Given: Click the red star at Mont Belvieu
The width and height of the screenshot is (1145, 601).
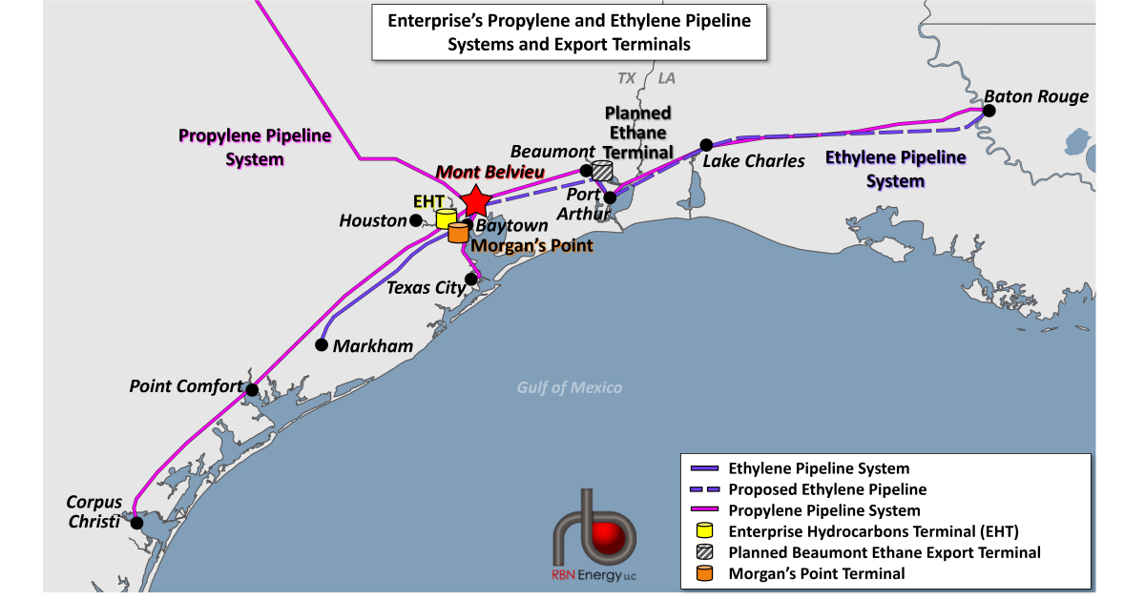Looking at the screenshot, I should click(x=475, y=201).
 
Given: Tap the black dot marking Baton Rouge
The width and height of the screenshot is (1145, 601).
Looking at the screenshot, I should click(x=989, y=111).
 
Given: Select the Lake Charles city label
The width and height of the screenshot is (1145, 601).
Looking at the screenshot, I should click(x=754, y=161).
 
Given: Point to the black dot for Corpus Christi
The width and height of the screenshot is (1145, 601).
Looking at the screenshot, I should click(x=137, y=522).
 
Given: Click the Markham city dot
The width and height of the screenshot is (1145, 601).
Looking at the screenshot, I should click(x=323, y=345).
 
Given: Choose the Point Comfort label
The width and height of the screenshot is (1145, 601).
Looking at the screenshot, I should click(x=186, y=386).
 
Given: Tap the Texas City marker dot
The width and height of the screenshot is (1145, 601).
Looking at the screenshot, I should click(x=470, y=280).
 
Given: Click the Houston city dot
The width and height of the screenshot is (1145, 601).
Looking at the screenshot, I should click(x=416, y=220).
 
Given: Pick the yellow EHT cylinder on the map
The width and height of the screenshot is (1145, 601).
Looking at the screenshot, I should click(x=446, y=218).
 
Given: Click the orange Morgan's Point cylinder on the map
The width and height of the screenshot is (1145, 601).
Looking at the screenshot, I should click(x=458, y=232).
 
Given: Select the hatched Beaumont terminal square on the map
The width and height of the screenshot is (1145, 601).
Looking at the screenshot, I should click(x=602, y=171).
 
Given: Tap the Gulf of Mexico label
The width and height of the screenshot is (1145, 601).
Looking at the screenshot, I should click(x=570, y=387).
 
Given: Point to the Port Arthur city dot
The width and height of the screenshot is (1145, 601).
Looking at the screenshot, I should click(x=611, y=197).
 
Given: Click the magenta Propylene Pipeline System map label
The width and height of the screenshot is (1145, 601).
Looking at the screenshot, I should click(x=255, y=147).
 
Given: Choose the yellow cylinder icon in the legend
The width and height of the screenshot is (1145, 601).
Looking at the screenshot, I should click(x=705, y=530).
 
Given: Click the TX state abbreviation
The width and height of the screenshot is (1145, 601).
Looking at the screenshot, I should click(x=626, y=78).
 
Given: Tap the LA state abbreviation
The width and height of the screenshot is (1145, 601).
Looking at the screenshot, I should click(x=666, y=78).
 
